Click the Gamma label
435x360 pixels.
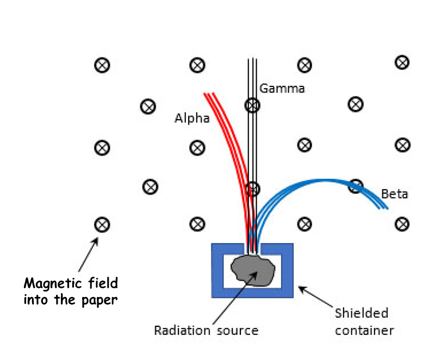click(282, 89)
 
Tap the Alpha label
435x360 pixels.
click(192, 119)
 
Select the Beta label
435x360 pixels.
click(395, 194)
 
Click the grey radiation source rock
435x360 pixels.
click(253, 270)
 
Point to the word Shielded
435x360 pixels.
click(362, 313)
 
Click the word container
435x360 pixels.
click(364, 331)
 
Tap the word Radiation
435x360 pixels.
click(182, 330)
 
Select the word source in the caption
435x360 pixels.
click(238, 331)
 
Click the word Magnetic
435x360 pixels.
click(53, 283)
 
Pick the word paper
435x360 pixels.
click(100, 300)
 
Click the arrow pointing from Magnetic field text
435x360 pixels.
click(88, 255)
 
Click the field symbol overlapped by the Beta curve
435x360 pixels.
click(356, 186)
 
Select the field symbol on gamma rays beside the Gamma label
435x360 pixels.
click(252, 105)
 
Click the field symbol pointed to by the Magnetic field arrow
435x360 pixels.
click(102, 225)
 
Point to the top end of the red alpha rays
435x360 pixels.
click(209, 94)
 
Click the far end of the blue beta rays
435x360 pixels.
click(384, 208)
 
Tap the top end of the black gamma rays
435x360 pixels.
click(252, 59)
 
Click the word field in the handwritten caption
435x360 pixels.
click(103, 283)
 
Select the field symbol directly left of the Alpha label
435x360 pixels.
click(148, 107)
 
